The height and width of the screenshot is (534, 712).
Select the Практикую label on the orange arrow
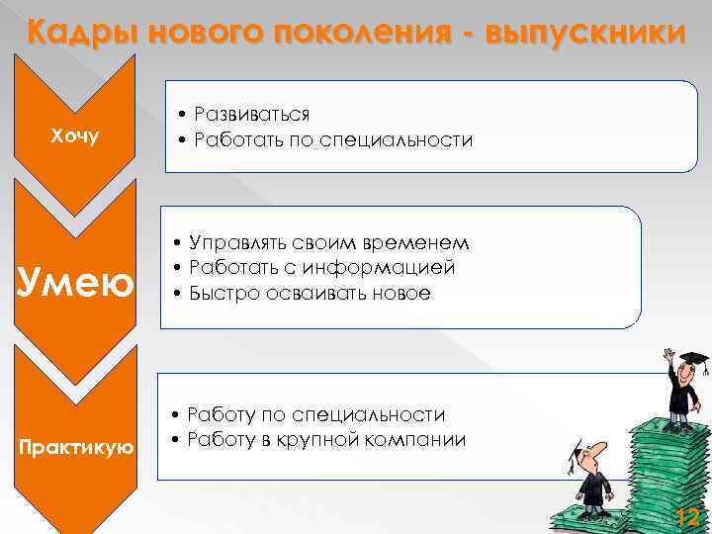(x=74, y=447)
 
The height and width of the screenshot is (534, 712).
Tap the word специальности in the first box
(x=406, y=140)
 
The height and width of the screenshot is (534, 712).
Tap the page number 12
(x=686, y=515)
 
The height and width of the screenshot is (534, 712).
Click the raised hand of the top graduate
(x=669, y=353)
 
